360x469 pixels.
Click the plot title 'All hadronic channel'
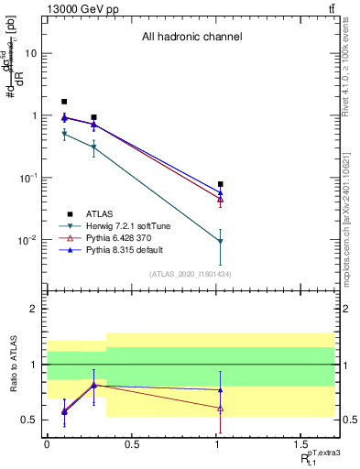pos(191,38)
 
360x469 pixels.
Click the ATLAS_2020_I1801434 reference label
pos(191,273)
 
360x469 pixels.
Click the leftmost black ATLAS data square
pos(64,102)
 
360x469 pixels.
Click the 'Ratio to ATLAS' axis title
pos(12,365)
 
